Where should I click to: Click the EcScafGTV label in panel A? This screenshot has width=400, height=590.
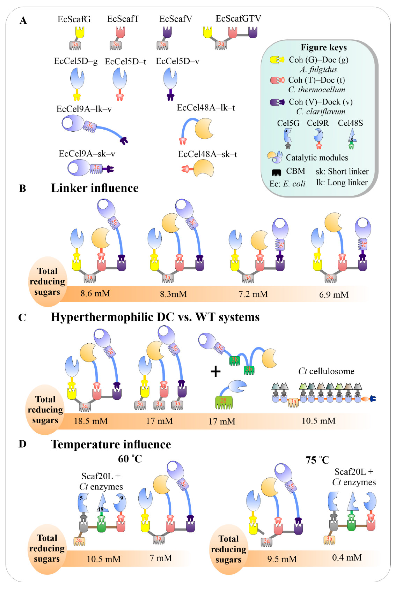(238, 18)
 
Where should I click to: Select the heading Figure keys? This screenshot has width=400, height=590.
(323, 47)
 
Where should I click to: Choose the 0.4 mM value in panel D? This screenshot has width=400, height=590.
(347, 557)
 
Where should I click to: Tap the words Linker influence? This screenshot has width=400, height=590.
(95, 188)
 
